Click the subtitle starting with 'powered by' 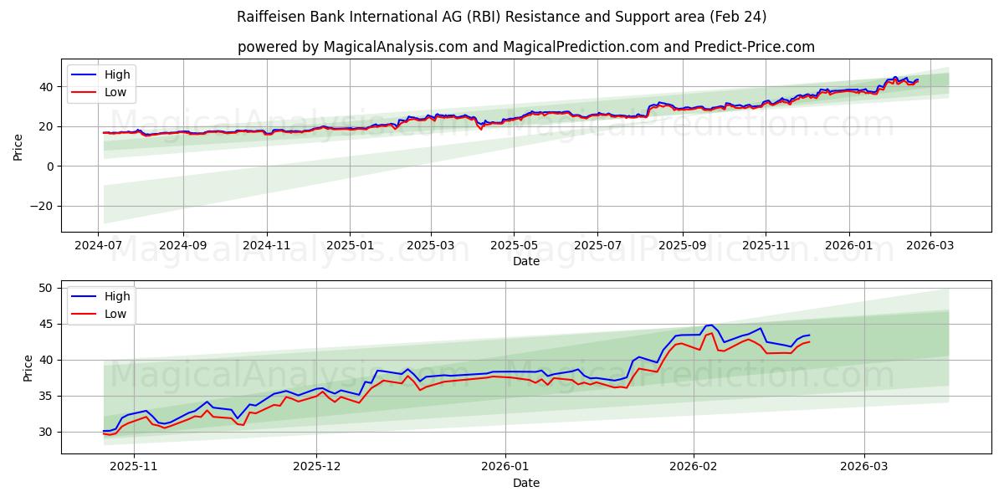pos(525,47)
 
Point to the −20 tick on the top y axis pos(42,206)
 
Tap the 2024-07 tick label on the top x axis pos(99,245)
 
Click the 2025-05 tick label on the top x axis pos(513,245)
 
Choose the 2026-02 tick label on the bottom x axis pos(694,467)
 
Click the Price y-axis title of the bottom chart pos(28,367)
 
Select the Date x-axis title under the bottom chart pos(525,483)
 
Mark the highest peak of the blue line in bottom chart pos(710,325)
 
